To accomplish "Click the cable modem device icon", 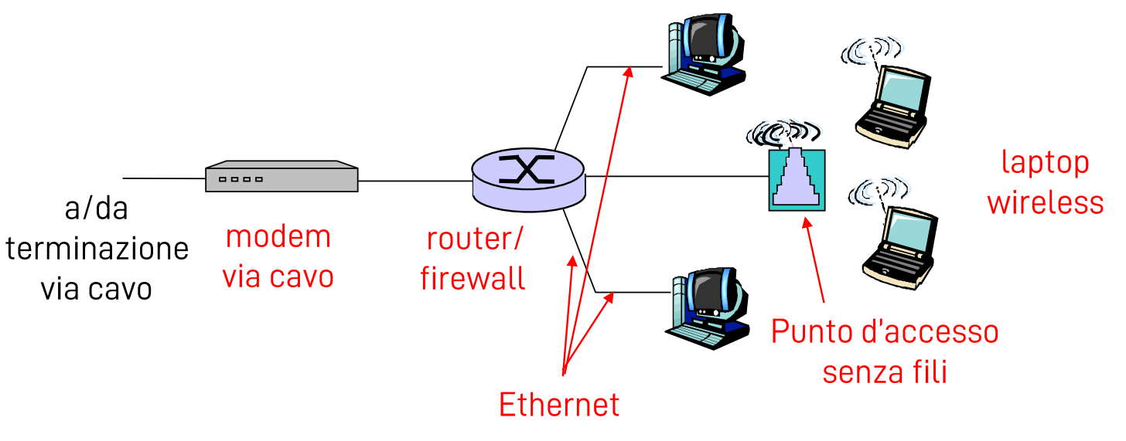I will pyautogui.click(x=281, y=177).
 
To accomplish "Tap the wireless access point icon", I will pyautogui.click(x=796, y=179).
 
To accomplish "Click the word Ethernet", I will pyautogui.click(x=559, y=405).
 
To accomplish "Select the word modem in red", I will pyautogui.click(x=278, y=236).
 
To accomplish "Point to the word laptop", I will pyautogui.click(x=1045, y=164).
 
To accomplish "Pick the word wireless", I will pyautogui.click(x=1045, y=202).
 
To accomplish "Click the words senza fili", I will pyautogui.click(x=885, y=371).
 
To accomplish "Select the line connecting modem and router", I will pyautogui.click(x=415, y=181).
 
